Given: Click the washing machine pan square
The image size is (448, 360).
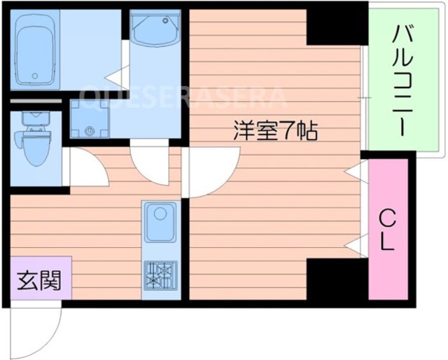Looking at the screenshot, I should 89,118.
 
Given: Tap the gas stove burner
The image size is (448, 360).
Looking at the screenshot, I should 160,274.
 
